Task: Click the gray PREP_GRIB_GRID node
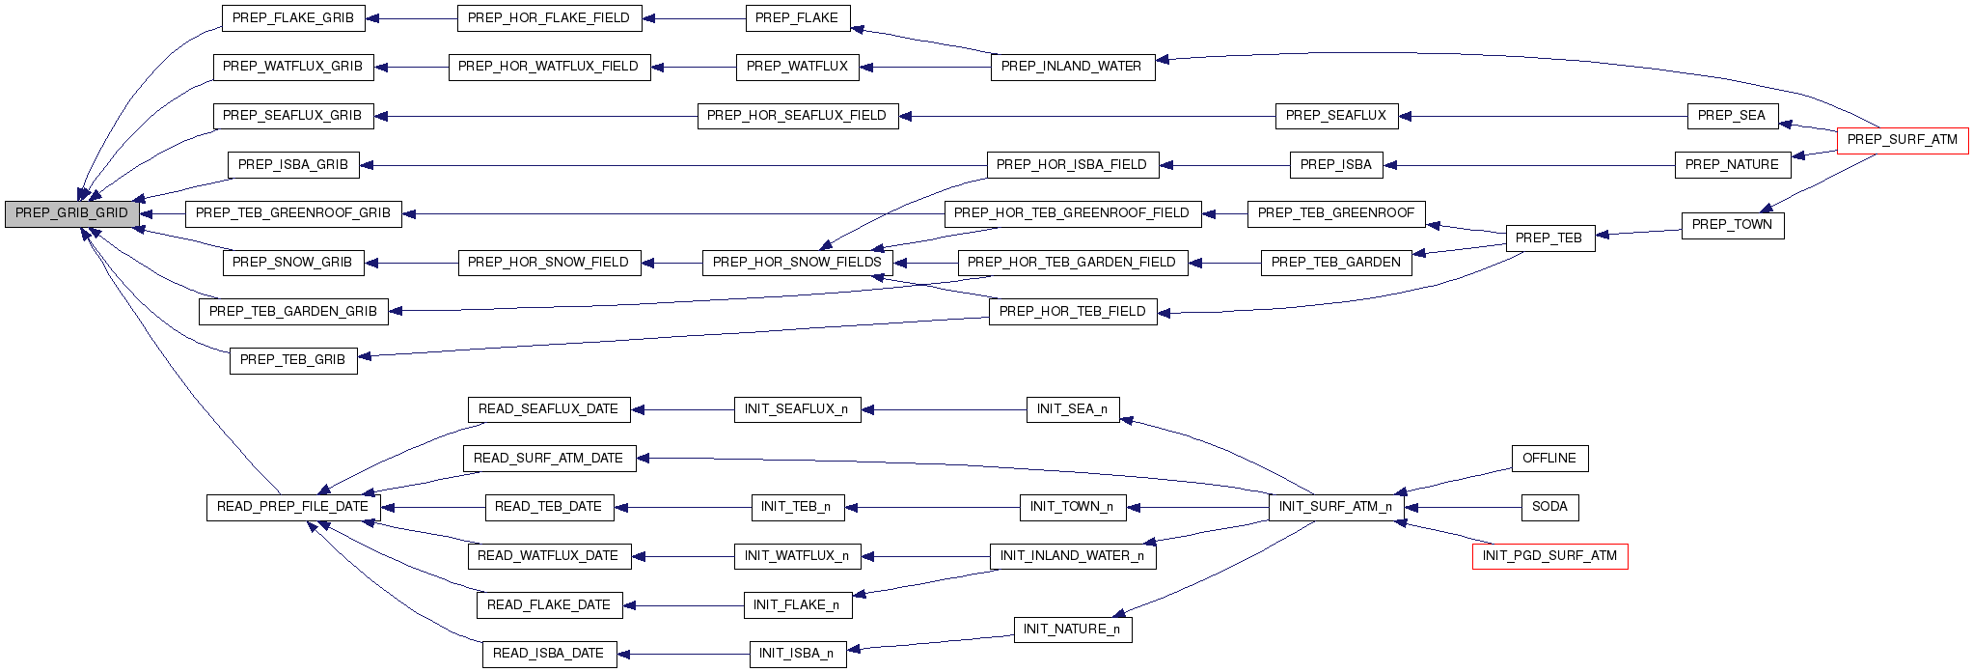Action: [x=71, y=213]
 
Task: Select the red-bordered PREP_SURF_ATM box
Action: [x=1902, y=140]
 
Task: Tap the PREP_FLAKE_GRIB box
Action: [x=293, y=17]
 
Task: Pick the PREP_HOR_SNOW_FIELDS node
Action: [x=797, y=263]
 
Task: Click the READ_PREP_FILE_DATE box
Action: [x=292, y=507]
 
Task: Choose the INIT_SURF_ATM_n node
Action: [x=1335, y=507]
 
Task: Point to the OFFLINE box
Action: [x=1548, y=459]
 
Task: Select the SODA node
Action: [x=1549, y=507]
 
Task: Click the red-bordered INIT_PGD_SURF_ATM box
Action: [x=1549, y=556]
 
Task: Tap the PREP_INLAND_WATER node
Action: [x=1072, y=67]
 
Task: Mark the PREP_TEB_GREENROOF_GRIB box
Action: [x=293, y=213]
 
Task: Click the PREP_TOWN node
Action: [x=1732, y=225]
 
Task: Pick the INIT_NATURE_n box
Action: [x=1072, y=630]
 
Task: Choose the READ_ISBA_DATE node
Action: [x=548, y=654]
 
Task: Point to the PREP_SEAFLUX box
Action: [x=1336, y=116]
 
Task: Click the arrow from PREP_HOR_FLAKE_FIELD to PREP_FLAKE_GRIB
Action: [x=411, y=18]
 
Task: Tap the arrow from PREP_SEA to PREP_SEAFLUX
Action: [x=1544, y=116]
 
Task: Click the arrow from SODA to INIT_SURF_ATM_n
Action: [x=1463, y=507]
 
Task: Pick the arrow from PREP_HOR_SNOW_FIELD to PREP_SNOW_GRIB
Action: [x=411, y=263]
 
